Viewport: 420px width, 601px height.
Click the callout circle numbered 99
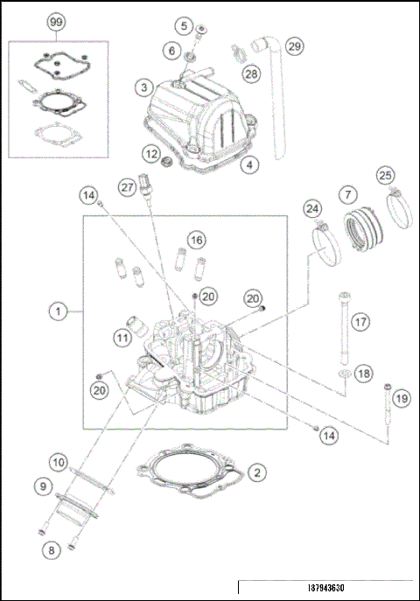[x=57, y=19]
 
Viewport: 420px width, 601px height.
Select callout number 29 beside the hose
[x=294, y=45]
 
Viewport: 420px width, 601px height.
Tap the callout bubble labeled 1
[x=57, y=311]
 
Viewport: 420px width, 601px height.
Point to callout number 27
[x=128, y=187]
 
